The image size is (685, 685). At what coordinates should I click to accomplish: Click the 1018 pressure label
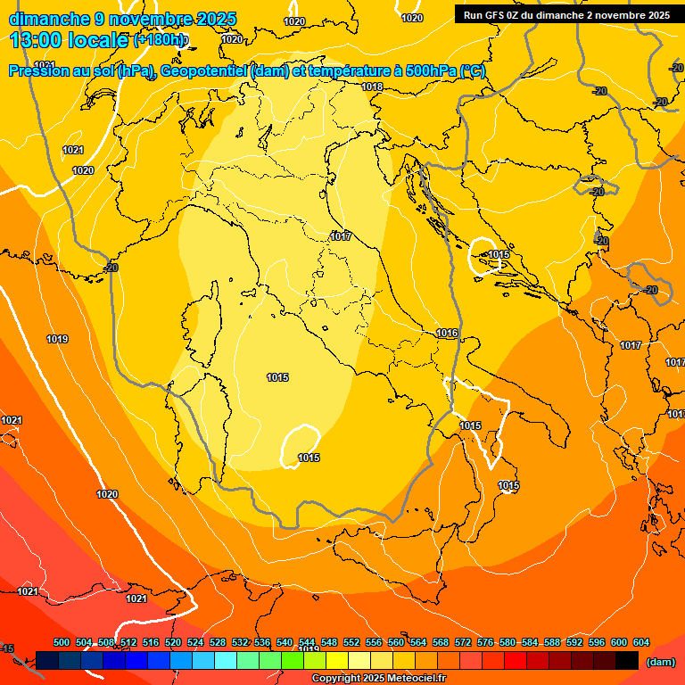click(x=372, y=87)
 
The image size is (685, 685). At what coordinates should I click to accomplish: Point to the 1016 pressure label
click(x=447, y=333)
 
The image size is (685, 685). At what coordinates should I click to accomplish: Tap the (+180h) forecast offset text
click(x=161, y=40)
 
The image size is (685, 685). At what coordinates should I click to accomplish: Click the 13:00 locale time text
click(x=70, y=40)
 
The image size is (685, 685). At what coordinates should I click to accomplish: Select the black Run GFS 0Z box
click(x=566, y=15)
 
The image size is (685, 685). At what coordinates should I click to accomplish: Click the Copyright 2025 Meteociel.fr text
click(x=378, y=679)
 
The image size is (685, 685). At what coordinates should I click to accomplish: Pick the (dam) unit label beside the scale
click(x=660, y=662)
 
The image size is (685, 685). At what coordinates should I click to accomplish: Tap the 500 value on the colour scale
click(x=62, y=642)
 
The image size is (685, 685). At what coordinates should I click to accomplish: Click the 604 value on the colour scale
click(x=640, y=642)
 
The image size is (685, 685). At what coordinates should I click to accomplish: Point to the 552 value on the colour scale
click(x=351, y=642)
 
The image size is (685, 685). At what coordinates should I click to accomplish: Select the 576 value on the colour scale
click(x=485, y=642)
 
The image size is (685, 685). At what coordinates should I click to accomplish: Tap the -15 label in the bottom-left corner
click(x=8, y=648)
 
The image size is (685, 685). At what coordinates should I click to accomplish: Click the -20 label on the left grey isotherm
click(x=111, y=267)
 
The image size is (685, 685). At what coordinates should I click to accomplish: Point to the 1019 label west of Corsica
click(x=57, y=339)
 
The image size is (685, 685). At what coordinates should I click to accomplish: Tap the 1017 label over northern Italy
click(x=340, y=236)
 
